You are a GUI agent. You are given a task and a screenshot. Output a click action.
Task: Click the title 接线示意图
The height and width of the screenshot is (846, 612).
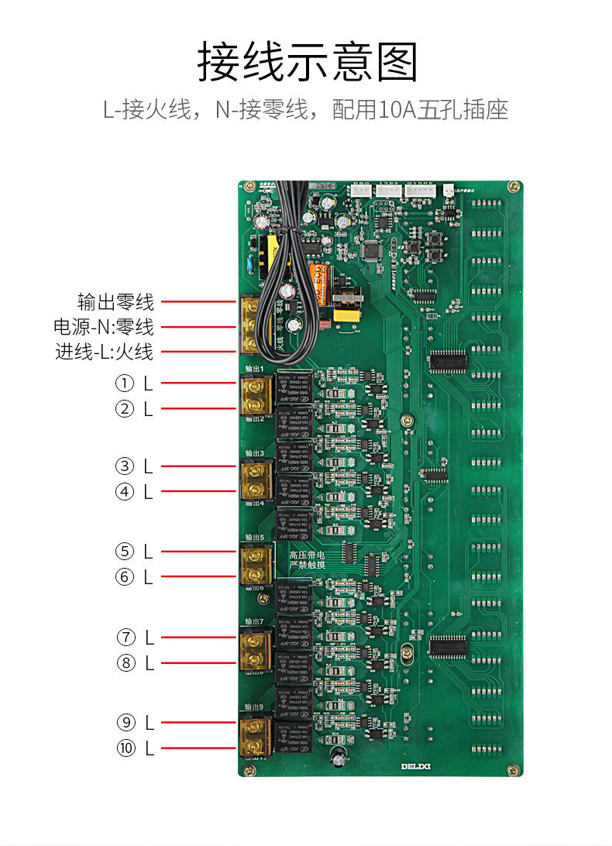pyautogui.click(x=307, y=62)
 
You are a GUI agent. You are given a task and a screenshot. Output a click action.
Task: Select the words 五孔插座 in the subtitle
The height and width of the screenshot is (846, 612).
pyautogui.click(x=462, y=110)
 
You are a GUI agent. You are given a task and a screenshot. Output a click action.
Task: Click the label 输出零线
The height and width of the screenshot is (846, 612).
pyautogui.click(x=115, y=301)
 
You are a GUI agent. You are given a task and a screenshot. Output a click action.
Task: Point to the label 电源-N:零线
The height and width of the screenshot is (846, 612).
pyautogui.click(x=103, y=327)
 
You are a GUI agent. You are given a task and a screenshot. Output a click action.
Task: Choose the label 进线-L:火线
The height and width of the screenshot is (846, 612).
pyautogui.click(x=104, y=352)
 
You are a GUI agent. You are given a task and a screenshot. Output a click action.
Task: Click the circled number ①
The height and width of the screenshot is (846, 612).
pyautogui.click(x=124, y=383)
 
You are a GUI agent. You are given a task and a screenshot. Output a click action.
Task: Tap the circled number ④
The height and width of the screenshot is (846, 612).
pyautogui.click(x=124, y=492)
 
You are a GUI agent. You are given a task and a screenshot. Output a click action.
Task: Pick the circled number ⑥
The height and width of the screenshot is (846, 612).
pyautogui.click(x=124, y=577)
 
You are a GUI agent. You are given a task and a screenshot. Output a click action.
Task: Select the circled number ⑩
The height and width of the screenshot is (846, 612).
pyautogui.click(x=124, y=748)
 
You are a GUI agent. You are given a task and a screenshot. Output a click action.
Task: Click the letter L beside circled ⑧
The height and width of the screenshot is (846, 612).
pyautogui.click(x=149, y=663)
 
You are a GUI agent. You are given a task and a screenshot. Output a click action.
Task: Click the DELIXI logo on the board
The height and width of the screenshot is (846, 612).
pyautogui.click(x=419, y=767)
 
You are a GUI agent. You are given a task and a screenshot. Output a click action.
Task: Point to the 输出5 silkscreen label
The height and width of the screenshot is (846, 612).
pyautogui.click(x=254, y=536)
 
